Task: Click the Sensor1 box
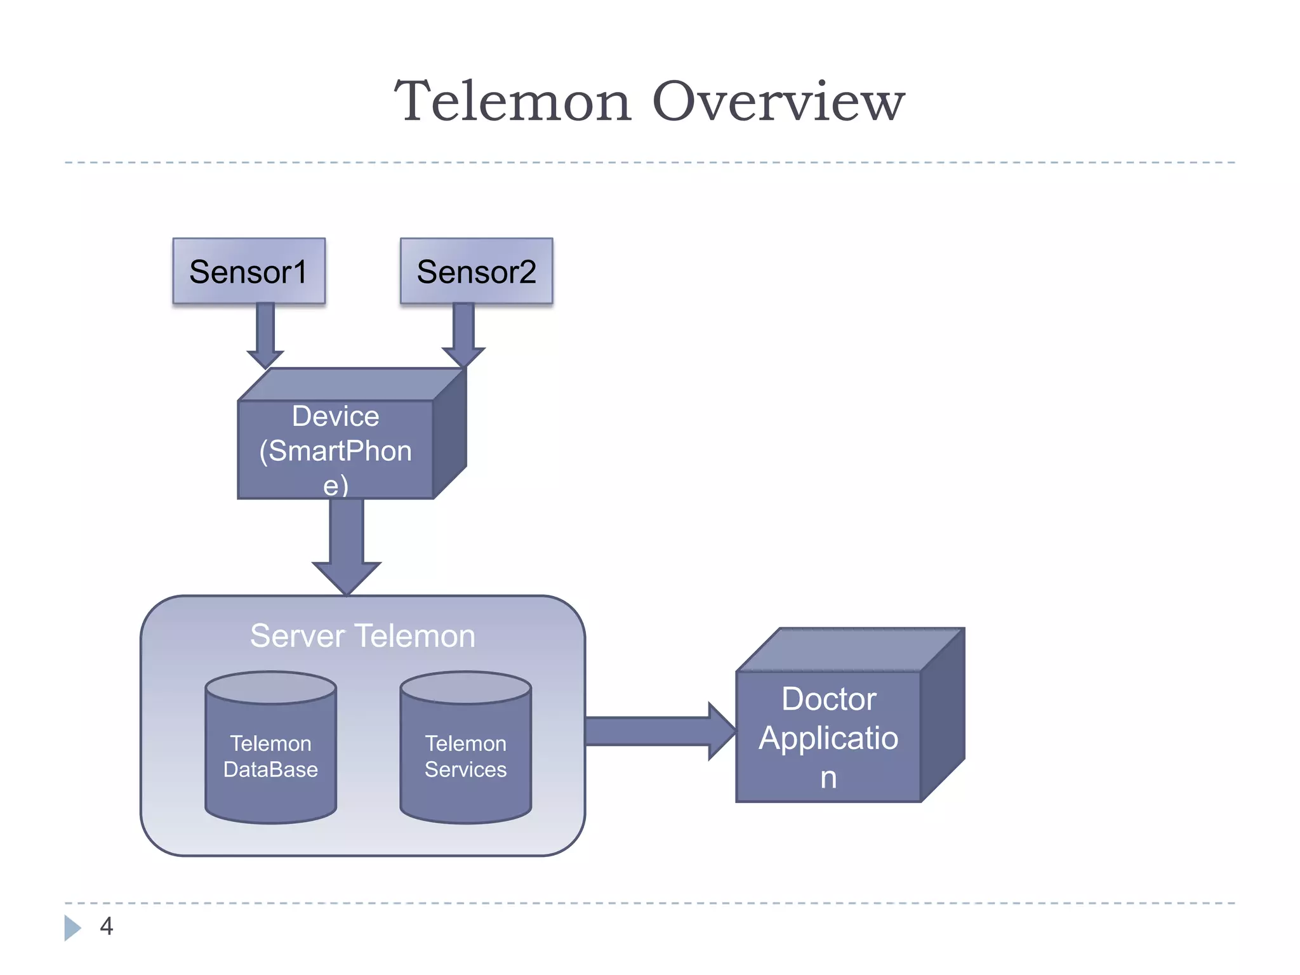click(x=249, y=271)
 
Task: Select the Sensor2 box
click(x=476, y=271)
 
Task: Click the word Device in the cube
click(x=335, y=417)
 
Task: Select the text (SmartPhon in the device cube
click(x=335, y=451)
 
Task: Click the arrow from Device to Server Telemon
click(x=347, y=546)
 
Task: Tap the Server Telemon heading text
click(x=362, y=636)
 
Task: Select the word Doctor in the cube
click(x=828, y=700)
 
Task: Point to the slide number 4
click(x=106, y=926)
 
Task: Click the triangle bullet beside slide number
click(x=72, y=927)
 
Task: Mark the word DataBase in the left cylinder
click(x=271, y=769)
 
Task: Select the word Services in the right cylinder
click(x=465, y=769)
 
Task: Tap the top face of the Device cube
click(x=352, y=385)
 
